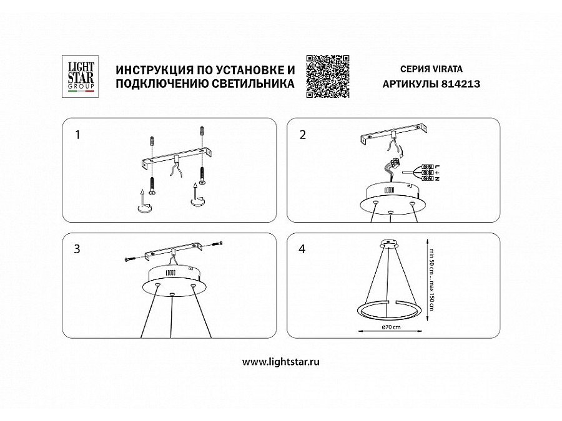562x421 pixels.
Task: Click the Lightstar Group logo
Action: tap(81, 76)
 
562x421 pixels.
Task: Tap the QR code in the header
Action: tap(328, 76)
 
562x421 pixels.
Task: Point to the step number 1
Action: tap(77, 135)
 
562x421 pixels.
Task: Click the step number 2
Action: tap(303, 135)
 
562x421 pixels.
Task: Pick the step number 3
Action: tap(77, 249)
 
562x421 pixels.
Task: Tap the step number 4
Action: tap(302, 249)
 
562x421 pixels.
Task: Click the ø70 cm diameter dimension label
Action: tap(391, 326)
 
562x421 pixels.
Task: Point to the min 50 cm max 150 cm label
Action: tap(431, 279)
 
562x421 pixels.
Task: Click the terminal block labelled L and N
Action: tap(427, 173)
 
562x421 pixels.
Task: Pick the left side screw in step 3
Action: tap(132, 258)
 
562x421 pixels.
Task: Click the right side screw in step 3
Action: tap(217, 244)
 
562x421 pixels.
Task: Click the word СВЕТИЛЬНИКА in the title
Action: tap(254, 84)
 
